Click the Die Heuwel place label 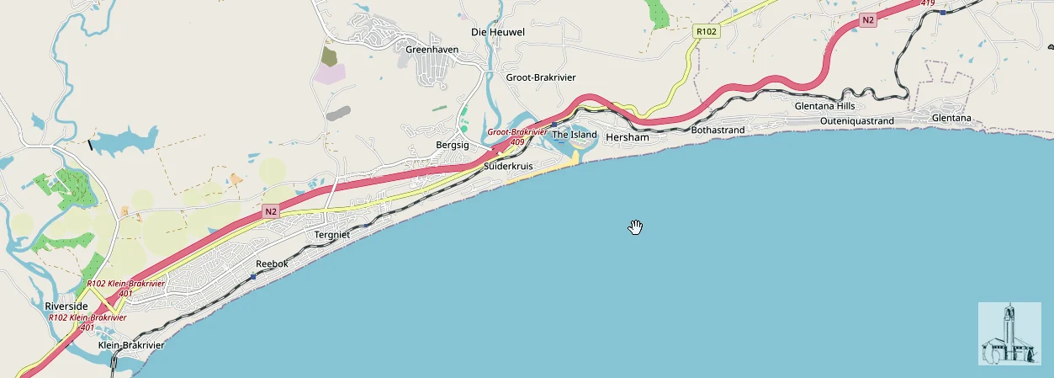(x=497, y=32)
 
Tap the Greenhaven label (x=432, y=50)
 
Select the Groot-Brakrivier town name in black (x=540, y=77)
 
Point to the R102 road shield (x=706, y=31)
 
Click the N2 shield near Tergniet (x=270, y=211)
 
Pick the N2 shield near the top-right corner (x=868, y=19)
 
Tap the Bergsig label (x=451, y=146)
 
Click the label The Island (x=574, y=135)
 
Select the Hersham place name (x=628, y=136)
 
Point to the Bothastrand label (x=718, y=130)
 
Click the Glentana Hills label (x=824, y=106)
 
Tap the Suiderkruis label (x=509, y=167)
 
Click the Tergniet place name (x=331, y=234)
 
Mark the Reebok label (x=272, y=264)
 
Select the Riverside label (x=66, y=306)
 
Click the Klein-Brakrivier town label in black (x=130, y=345)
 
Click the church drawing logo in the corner (x=1009, y=333)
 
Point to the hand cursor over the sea (x=635, y=226)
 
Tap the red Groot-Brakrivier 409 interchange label (x=516, y=137)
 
